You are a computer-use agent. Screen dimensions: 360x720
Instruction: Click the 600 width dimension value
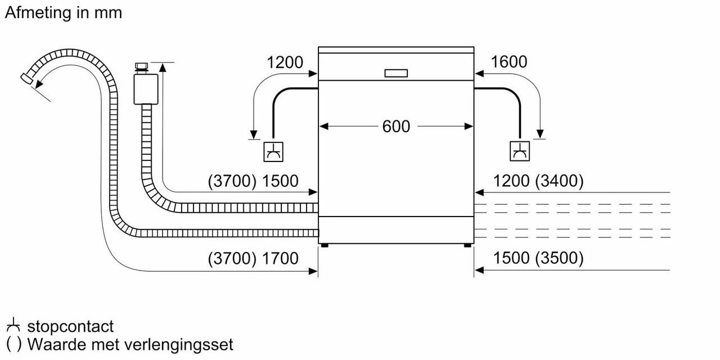396,127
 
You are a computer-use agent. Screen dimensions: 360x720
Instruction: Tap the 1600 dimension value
508,61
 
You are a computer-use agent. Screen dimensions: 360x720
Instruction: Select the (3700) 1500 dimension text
253,181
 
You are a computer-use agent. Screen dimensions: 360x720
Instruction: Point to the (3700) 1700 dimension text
253,258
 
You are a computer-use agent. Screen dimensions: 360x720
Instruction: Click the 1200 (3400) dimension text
538,181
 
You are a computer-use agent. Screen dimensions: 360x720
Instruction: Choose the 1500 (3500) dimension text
538,258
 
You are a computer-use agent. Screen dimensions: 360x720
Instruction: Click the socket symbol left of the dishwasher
273,151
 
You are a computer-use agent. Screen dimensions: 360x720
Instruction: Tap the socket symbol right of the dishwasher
519,151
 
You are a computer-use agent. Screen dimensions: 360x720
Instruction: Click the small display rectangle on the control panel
397,73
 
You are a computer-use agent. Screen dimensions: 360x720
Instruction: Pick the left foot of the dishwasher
325,245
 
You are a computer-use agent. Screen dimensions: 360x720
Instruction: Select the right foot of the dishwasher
467,245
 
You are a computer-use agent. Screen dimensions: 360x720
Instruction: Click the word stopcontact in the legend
70,326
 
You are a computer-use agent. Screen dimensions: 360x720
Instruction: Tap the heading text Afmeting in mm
63,13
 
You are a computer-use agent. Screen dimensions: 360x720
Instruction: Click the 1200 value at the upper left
285,62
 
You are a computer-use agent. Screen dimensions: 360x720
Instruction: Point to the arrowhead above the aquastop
163,67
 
